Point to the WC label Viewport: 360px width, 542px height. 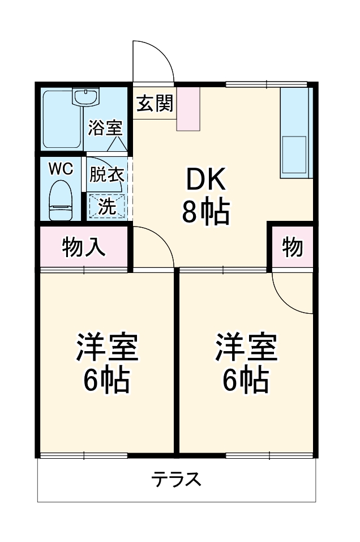(x=60, y=169)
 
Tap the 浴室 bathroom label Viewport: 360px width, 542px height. (x=105, y=128)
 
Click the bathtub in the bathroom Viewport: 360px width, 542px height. (x=62, y=122)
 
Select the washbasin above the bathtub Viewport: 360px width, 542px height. (x=86, y=97)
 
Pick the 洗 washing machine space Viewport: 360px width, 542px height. (x=106, y=206)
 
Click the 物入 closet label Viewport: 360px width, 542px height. (x=84, y=247)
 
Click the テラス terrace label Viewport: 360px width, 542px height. (x=176, y=480)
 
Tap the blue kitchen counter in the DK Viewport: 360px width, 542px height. (x=296, y=133)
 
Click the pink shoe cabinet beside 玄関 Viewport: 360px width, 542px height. (x=188, y=109)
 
